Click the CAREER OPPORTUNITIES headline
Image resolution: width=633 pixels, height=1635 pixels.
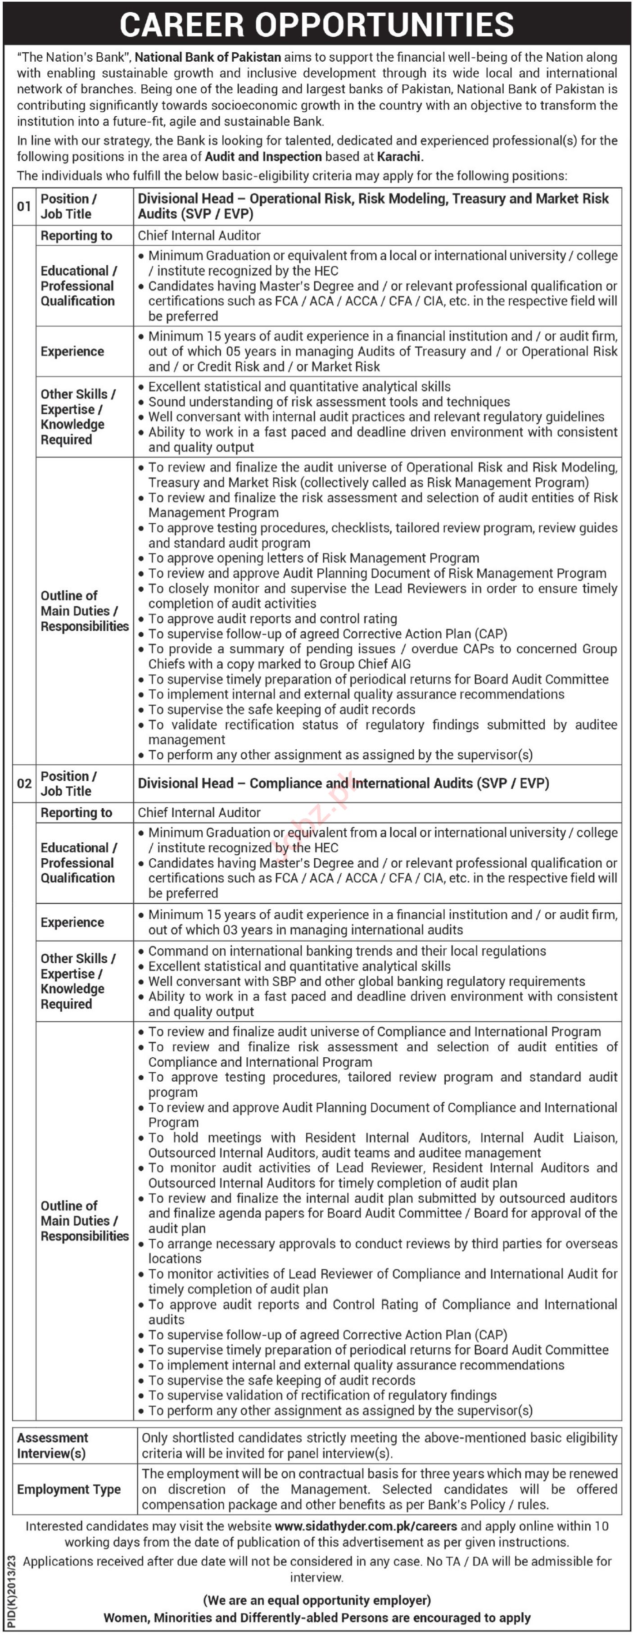tap(316, 24)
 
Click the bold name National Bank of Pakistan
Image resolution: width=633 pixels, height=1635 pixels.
tap(208, 57)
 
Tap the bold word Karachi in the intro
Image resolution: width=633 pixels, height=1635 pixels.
tap(399, 157)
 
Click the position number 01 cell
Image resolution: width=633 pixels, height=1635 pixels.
tap(24, 206)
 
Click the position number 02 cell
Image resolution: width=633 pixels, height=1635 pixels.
tap(24, 783)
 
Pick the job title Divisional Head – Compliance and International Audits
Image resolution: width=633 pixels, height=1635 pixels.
tap(343, 783)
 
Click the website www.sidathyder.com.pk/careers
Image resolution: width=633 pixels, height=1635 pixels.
tap(365, 1526)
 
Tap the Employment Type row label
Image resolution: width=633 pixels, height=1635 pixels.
tap(68, 1489)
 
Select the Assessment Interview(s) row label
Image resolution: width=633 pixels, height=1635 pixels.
tap(53, 1445)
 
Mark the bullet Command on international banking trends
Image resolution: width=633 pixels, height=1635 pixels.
tap(347, 951)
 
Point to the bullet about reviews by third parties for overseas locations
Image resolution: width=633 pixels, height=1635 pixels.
tap(381, 1251)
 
